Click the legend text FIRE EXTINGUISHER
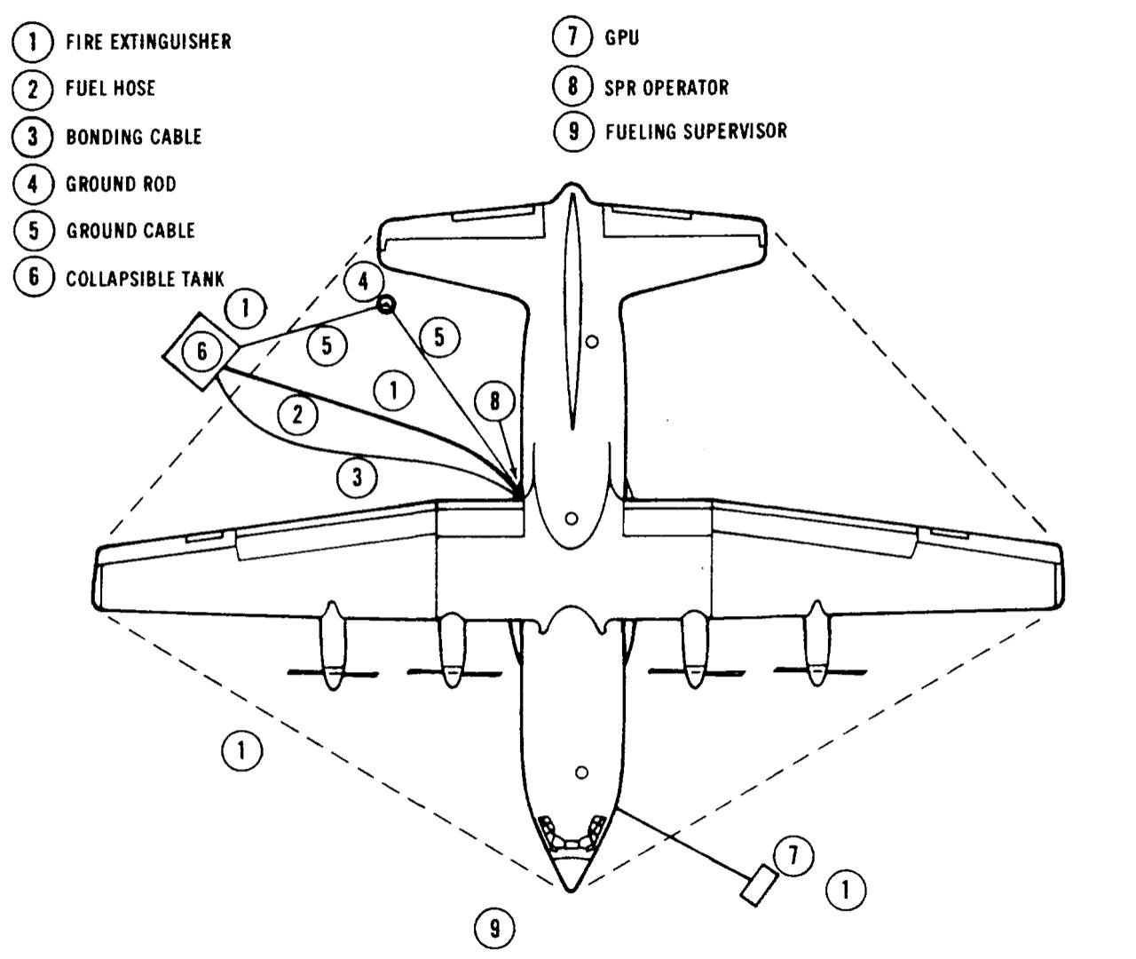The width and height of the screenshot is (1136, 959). coord(147,42)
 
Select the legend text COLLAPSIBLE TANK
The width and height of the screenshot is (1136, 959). coord(145,278)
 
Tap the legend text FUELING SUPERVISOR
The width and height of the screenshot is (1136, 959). coord(695,131)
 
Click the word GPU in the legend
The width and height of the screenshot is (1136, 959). coord(621,39)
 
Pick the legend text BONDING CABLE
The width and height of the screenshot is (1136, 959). coord(133,137)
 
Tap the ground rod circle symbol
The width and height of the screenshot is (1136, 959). coord(386,305)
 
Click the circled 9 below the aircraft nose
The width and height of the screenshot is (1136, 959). coord(494,929)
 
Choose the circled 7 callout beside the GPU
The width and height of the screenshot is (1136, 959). coord(793,856)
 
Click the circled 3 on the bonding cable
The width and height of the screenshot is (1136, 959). coord(357,477)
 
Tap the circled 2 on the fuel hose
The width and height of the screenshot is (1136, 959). coord(297,414)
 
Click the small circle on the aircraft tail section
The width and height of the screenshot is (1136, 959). coord(593,340)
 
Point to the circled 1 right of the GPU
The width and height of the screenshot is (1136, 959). coord(846,889)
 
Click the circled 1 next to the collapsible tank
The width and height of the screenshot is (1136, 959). coord(246,309)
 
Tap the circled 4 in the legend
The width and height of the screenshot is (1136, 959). coord(33,184)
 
